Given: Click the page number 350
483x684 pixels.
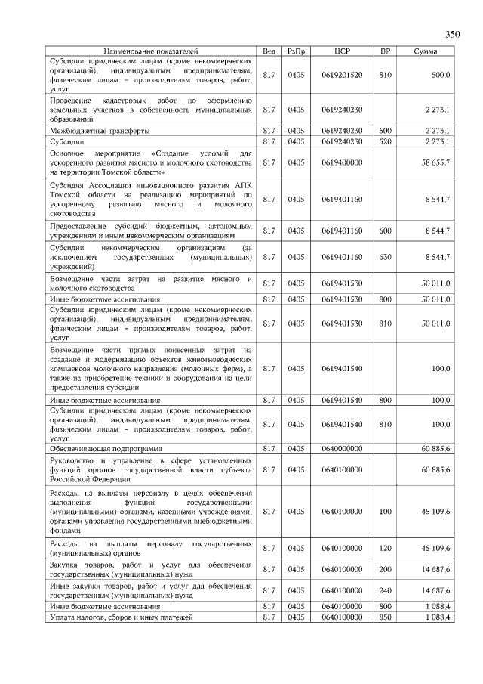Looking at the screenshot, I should [452, 34].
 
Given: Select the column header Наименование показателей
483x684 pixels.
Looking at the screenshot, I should [151, 51].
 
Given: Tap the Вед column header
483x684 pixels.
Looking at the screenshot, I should [269, 51].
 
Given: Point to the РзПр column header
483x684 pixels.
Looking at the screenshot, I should [296, 51].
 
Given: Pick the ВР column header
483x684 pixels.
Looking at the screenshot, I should [385, 51].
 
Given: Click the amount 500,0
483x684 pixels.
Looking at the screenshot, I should [441, 75].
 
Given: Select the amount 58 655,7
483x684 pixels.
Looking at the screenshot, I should [435, 162].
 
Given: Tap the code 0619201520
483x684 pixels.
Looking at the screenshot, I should [342, 75].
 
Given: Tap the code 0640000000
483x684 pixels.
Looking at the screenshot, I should [342, 448].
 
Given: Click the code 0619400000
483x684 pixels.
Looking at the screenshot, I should [342, 162].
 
